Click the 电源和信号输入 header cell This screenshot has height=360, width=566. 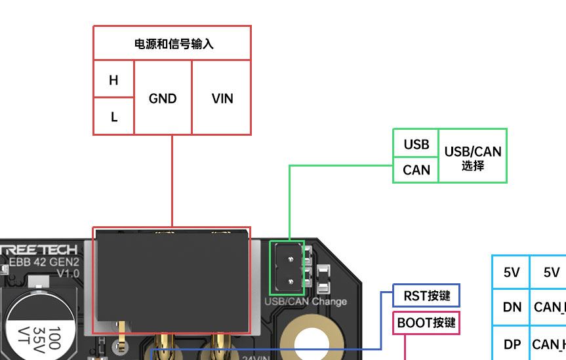pos(172,44)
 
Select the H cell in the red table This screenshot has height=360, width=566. pos(114,80)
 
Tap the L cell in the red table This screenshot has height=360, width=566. pos(114,117)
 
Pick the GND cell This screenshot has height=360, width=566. pos(163,98)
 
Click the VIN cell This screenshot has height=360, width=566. pos(222,98)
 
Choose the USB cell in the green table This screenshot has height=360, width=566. pos(416,144)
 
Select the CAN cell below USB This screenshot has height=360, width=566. pos(416,170)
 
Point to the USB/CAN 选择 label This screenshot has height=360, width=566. pos(473,157)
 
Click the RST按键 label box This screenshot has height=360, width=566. pos(427,296)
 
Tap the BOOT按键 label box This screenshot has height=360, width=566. pos(426,323)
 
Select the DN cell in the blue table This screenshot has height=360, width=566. pos(512,306)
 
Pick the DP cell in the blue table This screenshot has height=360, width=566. pos(512,344)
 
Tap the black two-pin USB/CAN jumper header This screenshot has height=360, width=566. pos(289,267)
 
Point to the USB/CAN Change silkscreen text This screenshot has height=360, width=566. pos(305,302)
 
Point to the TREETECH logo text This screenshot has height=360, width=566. pos(39,249)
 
